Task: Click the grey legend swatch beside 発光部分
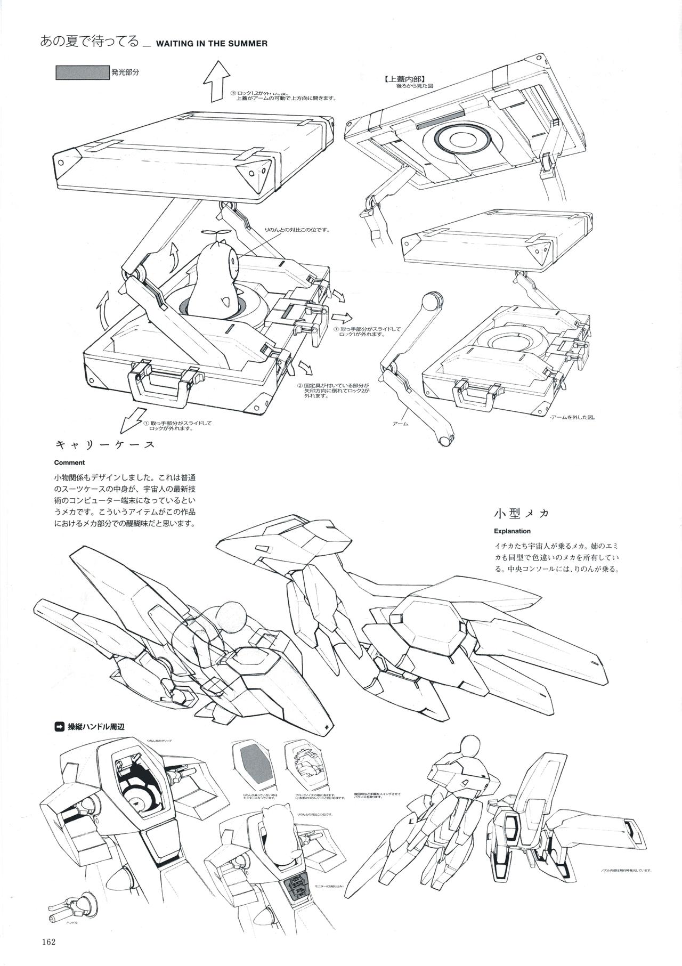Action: (83, 72)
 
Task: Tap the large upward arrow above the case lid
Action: (216, 80)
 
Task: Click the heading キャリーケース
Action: (105, 444)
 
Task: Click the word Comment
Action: (69, 462)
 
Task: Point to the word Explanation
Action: (512, 531)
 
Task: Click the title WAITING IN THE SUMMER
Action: (212, 44)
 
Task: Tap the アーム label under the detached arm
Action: (400, 423)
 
